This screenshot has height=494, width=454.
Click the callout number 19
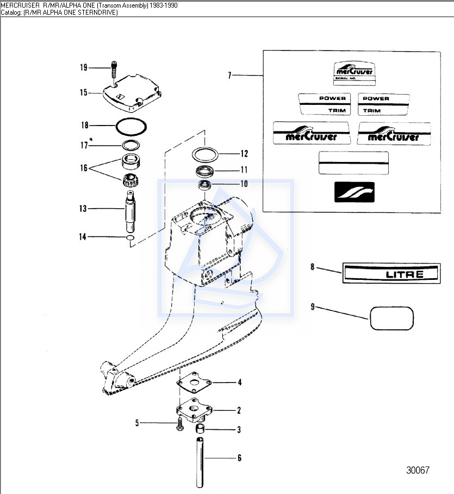click(x=83, y=67)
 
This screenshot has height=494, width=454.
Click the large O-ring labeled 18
click(x=131, y=126)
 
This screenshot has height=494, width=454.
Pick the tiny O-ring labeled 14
click(x=130, y=238)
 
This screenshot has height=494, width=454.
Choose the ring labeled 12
click(x=205, y=154)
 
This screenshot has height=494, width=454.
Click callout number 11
click(x=244, y=169)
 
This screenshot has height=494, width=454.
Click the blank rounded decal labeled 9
click(x=391, y=318)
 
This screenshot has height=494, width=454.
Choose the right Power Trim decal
click(x=383, y=104)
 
